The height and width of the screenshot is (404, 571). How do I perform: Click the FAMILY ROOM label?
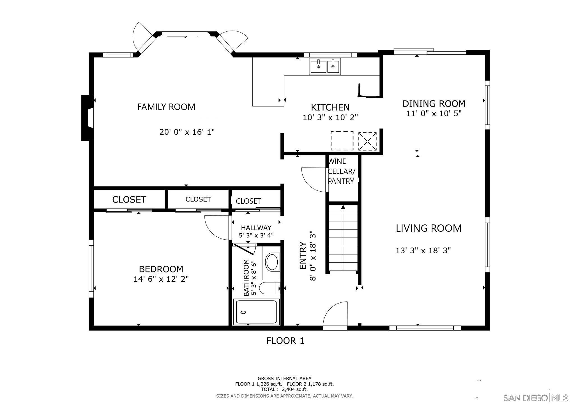coord(166,107)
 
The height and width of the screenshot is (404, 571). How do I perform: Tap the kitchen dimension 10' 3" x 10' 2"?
coord(330,117)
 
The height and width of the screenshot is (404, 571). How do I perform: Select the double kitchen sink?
coord(325,66)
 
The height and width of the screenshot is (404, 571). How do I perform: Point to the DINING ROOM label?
coord(434,104)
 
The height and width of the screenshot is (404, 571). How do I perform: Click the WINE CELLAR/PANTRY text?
coord(341,171)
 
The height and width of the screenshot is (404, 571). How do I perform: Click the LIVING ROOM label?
coord(428,228)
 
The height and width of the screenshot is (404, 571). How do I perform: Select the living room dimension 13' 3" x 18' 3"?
coord(423,250)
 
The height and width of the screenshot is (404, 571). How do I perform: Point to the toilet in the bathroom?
coord(269,288)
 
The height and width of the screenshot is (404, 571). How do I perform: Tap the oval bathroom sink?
coord(272,262)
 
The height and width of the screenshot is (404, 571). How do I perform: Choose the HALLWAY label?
coord(256,228)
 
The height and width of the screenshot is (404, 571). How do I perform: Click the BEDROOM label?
coord(161,269)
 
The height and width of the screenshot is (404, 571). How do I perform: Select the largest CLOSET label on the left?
coord(129,199)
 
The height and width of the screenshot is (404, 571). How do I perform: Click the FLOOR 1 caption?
coord(285,341)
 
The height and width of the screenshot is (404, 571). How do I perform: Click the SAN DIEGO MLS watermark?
coord(535,398)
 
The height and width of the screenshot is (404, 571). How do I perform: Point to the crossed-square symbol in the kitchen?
coord(367,141)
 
